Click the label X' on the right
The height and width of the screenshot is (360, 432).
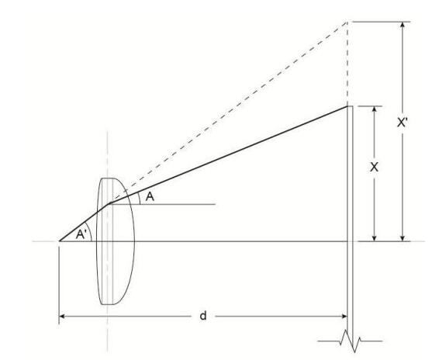pos(403,122)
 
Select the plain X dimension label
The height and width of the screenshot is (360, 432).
pos(374,167)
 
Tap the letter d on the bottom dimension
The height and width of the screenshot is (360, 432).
pos(202,316)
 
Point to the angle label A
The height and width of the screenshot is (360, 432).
pos(150,197)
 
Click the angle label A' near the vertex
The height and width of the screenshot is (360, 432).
pos(81,234)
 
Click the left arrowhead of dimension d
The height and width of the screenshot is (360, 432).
pos(62,317)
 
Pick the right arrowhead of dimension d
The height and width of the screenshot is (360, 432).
pos(344,317)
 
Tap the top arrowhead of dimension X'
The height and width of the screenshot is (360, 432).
pos(403,24)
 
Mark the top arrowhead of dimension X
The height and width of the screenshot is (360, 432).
pos(374,109)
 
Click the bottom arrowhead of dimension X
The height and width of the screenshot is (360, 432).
pos(374,238)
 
